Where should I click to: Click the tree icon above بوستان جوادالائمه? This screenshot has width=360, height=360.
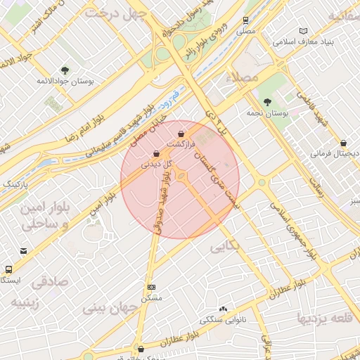tap(65, 70)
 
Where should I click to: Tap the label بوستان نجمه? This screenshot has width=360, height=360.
tap(264, 112)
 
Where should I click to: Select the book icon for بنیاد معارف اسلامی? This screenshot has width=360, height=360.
tap(304, 32)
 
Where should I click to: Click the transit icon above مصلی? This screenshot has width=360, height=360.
tap(245, 20)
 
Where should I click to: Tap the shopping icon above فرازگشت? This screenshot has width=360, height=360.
tap(181, 133)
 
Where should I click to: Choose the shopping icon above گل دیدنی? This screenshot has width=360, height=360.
tap(155, 153)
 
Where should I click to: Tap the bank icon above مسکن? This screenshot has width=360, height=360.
tap(152, 288)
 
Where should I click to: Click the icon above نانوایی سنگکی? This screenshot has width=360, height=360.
tap(223, 309)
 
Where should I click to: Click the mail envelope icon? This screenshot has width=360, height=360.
tap(24, 251)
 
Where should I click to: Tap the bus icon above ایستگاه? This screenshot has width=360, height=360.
tap(8, 269)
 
